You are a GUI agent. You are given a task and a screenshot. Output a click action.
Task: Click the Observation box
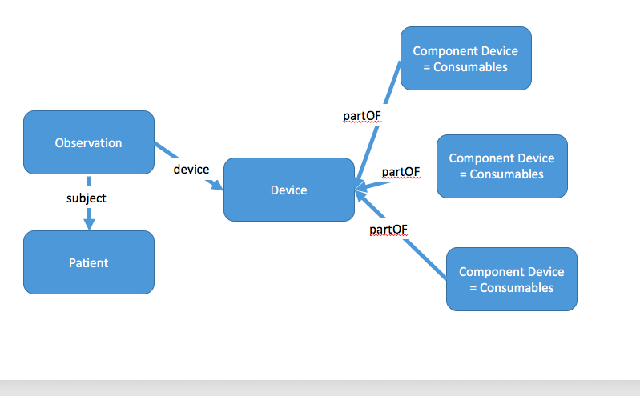(x=89, y=142)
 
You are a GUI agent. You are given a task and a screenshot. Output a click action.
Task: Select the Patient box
(x=89, y=262)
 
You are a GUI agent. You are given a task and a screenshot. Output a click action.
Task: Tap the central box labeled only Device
(x=289, y=190)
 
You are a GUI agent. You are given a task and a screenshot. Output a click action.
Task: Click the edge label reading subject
(x=87, y=198)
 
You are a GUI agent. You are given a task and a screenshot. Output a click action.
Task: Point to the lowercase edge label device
(x=191, y=170)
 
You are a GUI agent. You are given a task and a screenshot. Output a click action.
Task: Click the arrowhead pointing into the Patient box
(x=89, y=224)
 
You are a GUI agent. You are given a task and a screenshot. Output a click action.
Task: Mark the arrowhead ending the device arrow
(x=216, y=185)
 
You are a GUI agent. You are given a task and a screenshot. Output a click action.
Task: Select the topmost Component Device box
(x=465, y=58)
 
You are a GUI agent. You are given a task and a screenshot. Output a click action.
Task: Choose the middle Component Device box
(x=502, y=166)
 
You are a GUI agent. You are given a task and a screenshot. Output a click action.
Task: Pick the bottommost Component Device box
(x=511, y=279)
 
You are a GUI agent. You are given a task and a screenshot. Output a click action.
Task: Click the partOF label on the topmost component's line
(x=361, y=116)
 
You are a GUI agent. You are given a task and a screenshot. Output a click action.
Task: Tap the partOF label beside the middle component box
(x=401, y=172)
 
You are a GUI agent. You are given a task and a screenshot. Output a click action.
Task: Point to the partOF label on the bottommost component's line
(x=388, y=230)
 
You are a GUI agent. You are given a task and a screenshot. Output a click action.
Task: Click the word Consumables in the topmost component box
(x=470, y=67)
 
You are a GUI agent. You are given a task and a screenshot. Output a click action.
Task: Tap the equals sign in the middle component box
(x=463, y=174)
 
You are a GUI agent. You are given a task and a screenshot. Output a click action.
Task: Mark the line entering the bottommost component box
(x=425, y=259)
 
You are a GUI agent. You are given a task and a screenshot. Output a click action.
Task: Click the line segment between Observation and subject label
(x=89, y=181)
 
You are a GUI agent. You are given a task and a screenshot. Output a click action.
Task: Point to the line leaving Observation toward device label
(x=166, y=150)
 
